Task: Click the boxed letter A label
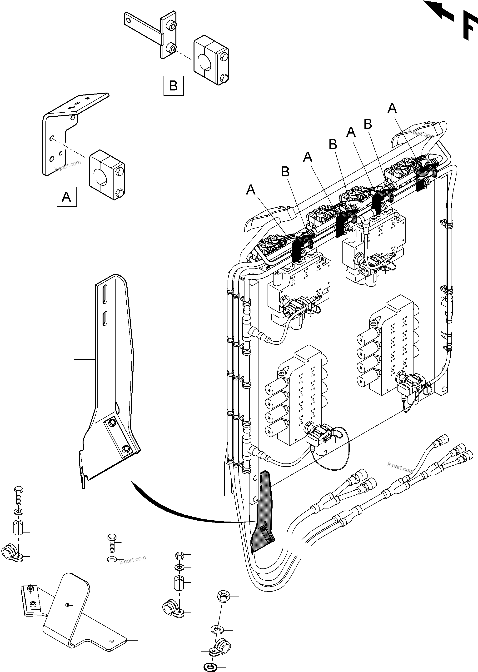(66, 197)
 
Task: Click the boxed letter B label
(173, 86)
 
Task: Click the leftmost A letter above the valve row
(251, 190)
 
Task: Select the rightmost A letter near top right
(392, 108)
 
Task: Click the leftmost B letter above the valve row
(285, 172)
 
